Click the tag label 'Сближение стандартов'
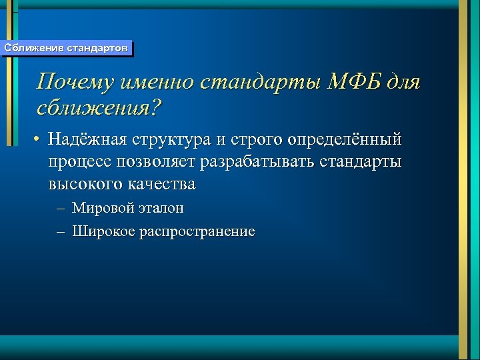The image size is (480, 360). pyautogui.click(x=66, y=48)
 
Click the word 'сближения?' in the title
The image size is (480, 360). pyautogui.click(x=100, y=107)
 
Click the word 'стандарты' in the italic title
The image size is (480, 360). pyautogui.click(x=263, y=83)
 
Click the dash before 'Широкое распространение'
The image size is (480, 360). pyautogui.click(x=61, y=232)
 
